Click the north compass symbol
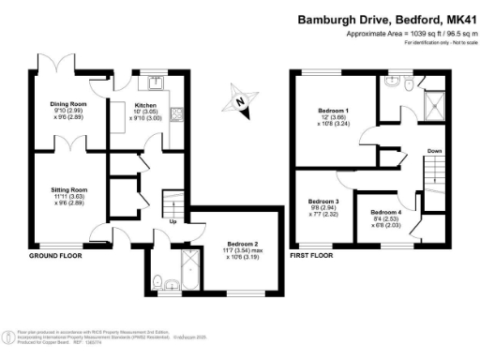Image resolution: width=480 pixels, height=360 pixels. (x=241, y=99)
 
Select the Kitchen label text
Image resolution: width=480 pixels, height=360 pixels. (x=145, y=106)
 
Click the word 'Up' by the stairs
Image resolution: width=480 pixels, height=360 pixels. (x=174, y=221)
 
